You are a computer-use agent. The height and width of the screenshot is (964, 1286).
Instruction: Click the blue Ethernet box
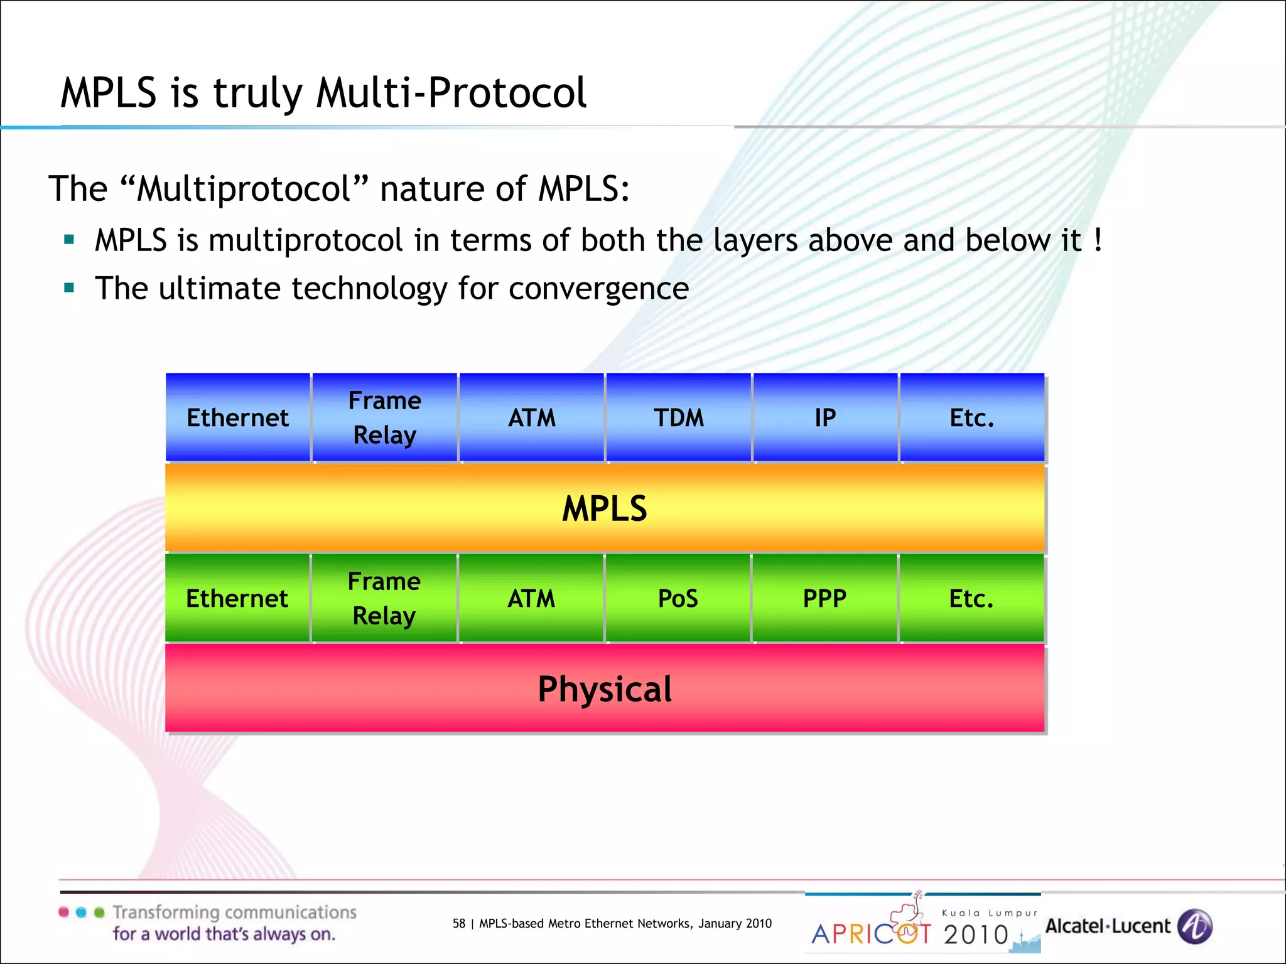pyautogui.click(x=237, y=418)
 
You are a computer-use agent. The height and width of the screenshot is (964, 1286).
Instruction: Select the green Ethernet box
pyautogui.click(x=237, y=599)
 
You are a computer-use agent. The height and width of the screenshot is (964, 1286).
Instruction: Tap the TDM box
pyautogui.click(x=678, y=418)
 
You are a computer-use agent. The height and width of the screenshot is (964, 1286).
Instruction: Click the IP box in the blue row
pyautogui.click(x=825, y=418)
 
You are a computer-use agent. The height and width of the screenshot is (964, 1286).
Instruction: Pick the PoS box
pyautogui.click(x=678, y=599)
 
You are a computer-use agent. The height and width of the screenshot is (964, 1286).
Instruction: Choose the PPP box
pyautogui.click(x=824, y=599)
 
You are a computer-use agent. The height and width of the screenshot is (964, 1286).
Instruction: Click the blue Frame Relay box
pyautogui.click(x=384, y=418)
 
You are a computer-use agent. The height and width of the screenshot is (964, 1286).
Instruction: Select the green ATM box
pyautogui.click(x=531, y=599)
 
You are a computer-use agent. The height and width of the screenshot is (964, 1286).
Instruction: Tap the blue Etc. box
pyautogui.click(x=971, y=418)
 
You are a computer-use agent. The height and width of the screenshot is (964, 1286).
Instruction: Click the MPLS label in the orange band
pyautogui.click(x=604, y=508)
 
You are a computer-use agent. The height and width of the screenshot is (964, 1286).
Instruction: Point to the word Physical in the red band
pyautogui.click(x=604, y=689)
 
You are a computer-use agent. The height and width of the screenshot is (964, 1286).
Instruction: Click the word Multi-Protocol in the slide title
pyautogui.click(x=451, y=93)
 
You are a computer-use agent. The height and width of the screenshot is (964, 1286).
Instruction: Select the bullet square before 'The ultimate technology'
pyautogui.click(x=69, y=288)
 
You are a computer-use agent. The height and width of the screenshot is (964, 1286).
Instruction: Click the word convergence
pyautogui.click(x=598, y=289)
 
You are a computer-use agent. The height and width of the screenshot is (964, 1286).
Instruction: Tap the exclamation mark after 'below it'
pyautogui.click(x=1097, y=240)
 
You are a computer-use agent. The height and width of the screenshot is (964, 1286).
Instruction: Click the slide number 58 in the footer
pyautogui.click(x=459, y=923)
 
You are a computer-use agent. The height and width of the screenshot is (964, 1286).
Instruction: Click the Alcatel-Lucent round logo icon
pyautogui.click(x=1194, y=926)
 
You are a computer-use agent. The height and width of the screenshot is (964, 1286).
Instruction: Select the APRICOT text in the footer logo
pyautogui.click(x=872, y=934)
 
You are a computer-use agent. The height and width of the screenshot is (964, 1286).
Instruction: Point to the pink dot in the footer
pyautogui.click(x=63, y=913)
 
